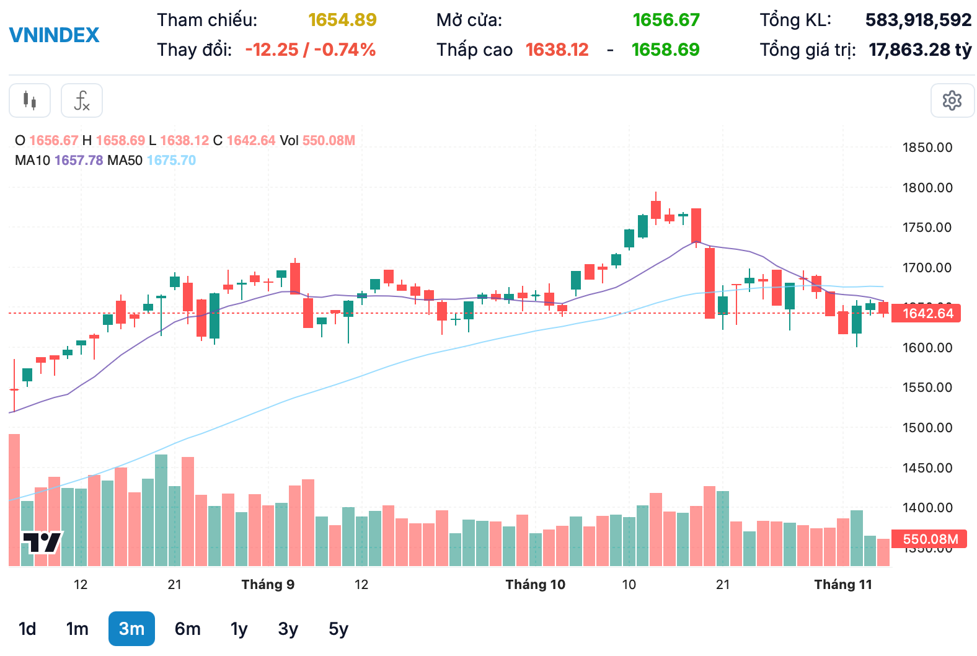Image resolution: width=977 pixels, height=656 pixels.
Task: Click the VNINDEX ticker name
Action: tap(54, 35)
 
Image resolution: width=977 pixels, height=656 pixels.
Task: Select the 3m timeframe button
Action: tap(131, 629)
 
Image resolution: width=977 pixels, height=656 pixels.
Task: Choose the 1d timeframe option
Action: tap(27, 629)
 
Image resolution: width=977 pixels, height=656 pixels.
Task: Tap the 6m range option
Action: tap(187, 629)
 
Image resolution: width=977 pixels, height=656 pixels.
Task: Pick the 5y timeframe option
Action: tap(338, 629)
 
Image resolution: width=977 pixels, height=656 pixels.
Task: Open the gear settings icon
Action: tap(952, 100)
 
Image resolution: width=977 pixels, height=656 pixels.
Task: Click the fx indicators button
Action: tap(82, 100)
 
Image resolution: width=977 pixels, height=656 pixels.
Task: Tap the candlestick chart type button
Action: tap(30, 100)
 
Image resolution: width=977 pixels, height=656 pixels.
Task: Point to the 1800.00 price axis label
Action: tap(927, 187)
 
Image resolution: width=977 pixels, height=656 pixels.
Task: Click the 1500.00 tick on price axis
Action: tap(927, 427)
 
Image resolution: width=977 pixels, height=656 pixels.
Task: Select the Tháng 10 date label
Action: tap(535, 585)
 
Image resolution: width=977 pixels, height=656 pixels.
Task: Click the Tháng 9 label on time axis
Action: tap(268, 585)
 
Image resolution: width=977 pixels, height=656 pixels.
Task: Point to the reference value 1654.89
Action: tap(342, 20)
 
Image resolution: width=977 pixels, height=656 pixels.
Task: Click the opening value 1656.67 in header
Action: tap(666, 20)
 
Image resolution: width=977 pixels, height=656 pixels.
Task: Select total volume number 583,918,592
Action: tap(918, 20)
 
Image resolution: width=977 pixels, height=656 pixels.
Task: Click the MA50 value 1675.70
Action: tap(171, 161)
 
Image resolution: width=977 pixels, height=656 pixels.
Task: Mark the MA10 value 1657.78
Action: tap(79, 161)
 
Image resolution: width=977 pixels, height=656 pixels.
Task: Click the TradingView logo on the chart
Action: tap(42, 543)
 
